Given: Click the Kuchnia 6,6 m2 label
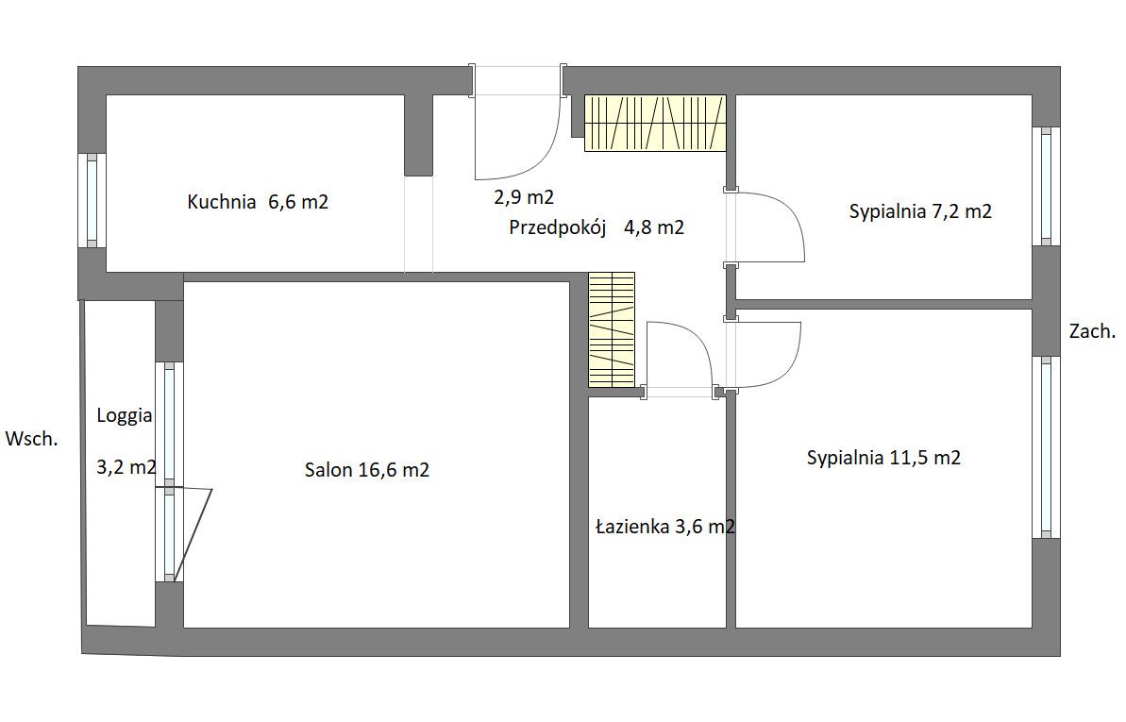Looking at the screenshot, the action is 258,202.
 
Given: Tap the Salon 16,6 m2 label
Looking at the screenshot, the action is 367,470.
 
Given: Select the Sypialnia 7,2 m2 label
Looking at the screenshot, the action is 920,211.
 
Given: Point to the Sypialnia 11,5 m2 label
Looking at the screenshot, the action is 883,458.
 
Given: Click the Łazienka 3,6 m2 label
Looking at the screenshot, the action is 665,527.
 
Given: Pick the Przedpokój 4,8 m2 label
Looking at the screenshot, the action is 597,227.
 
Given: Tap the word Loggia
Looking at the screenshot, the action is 125,416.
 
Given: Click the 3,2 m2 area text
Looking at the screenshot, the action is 126,468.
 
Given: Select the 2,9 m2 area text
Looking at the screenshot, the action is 524,197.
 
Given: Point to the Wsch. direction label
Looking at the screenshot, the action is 31,439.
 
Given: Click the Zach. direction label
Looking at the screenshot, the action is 1092,332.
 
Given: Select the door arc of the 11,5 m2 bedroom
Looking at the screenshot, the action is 781,372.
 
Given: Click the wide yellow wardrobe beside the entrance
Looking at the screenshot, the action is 655,123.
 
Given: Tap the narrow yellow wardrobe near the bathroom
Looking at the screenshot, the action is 611,329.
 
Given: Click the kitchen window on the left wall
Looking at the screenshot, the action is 92,200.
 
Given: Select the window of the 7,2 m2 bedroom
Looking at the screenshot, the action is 1046,187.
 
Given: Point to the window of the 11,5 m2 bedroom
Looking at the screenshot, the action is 1046,447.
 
